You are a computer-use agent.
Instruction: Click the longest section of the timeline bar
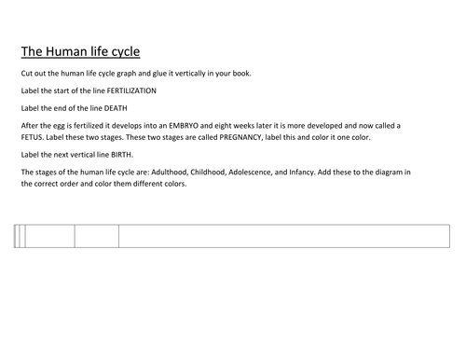(284, 237)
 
